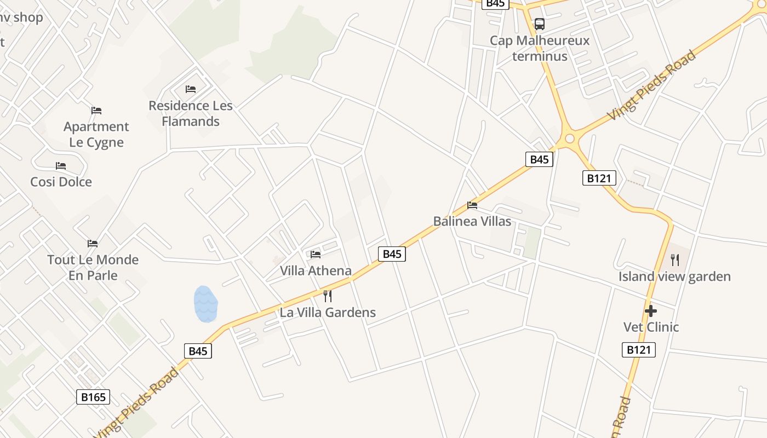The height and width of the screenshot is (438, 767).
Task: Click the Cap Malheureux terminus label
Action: click(x=540, y=48)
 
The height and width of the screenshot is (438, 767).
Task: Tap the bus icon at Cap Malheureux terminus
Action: click(x=540, y=24)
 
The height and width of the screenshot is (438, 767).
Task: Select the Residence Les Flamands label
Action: click(x=191, y=113)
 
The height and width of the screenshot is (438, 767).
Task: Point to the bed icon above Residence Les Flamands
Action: click(x=191, y=89)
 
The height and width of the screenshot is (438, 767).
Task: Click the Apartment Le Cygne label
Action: click(x=96, y=134)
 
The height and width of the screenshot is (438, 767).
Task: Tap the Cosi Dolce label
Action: click(x=61, y=182)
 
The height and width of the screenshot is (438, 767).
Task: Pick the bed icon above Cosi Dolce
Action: click(x=61, y=165)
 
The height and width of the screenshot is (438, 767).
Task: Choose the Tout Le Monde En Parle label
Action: click(x=93, y=267)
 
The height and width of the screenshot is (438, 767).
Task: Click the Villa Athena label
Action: click(x=316, y=270)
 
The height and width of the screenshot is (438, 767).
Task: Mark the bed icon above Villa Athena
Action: click(x=316, y=254)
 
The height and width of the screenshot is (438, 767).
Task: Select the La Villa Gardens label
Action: click(x=328, y=313)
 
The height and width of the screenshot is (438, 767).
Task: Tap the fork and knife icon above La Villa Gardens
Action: click(x=328, y=296)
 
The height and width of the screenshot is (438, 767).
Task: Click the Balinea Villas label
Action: click(x=472, y=221)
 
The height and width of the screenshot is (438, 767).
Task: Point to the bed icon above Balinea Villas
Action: click(x=472, y=205)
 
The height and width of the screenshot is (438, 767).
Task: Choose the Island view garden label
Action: click(x=674, y=276)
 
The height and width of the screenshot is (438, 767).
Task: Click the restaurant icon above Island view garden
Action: click(x=675, y=260)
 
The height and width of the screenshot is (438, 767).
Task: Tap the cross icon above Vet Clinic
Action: click(x=651, y=311)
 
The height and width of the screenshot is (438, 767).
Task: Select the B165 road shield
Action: click(x=93, y=397)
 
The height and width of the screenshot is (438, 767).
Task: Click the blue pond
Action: click(x=205, y=304)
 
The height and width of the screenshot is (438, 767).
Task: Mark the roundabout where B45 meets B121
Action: click(x=570, y=139)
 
